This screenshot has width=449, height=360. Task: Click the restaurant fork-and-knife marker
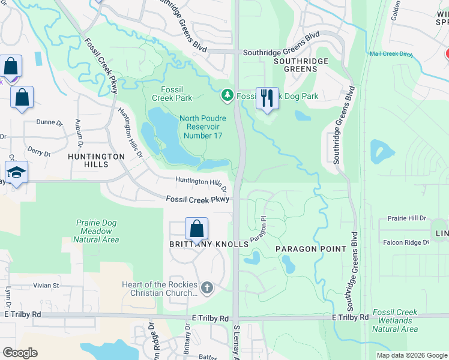pos(267,98)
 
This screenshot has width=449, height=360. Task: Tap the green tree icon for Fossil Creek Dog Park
pos(228,95)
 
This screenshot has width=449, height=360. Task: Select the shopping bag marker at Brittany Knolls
pos(196,229)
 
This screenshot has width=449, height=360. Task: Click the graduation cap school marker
pos(16,173)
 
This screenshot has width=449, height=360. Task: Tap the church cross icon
pos(207,288)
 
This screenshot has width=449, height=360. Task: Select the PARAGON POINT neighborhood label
pos(311,248)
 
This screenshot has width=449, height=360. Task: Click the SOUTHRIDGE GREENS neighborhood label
pos(301,65)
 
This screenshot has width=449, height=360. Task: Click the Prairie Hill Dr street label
pos(406,218)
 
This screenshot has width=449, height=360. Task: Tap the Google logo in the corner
pos(20,353)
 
